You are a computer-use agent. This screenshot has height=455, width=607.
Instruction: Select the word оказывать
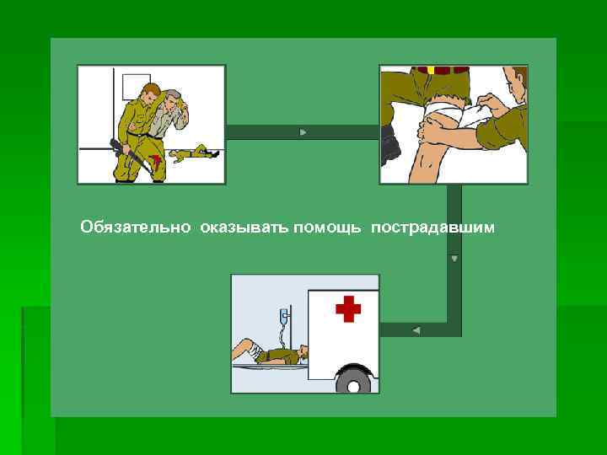pos(244,227)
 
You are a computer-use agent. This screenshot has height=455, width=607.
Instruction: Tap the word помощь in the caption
pos(329,227)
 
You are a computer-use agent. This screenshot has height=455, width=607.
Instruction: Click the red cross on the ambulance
pos(347,309)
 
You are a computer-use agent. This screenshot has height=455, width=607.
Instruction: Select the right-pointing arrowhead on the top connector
pos(303,132)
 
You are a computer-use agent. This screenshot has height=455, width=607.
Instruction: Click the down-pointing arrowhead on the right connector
pos(454,258)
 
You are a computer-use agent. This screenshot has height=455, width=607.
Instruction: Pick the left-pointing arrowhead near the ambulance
pos(416,329)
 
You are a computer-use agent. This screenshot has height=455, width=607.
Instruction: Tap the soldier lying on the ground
pos(196,153)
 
